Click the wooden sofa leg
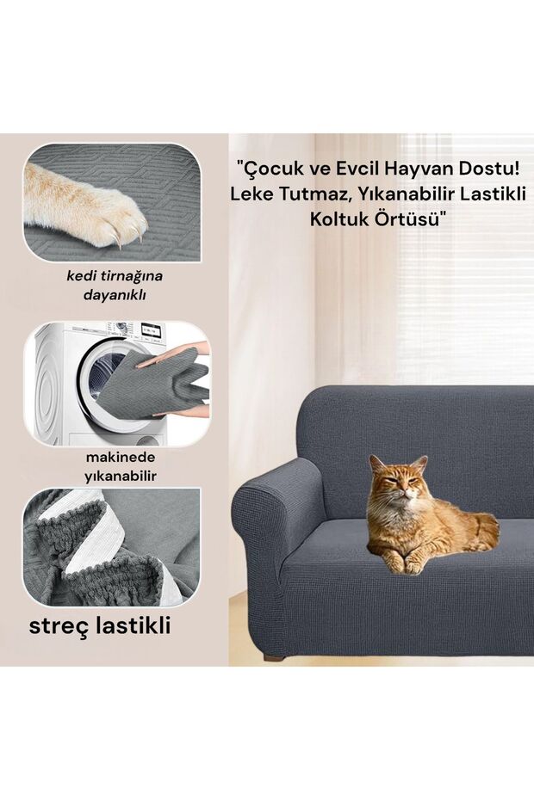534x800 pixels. [274, 655]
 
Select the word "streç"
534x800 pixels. [61, 626]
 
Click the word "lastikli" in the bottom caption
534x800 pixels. [133, 625]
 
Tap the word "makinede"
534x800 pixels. [120, 458]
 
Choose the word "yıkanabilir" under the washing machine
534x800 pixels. [120, 477]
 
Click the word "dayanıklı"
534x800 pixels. [115, 294]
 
